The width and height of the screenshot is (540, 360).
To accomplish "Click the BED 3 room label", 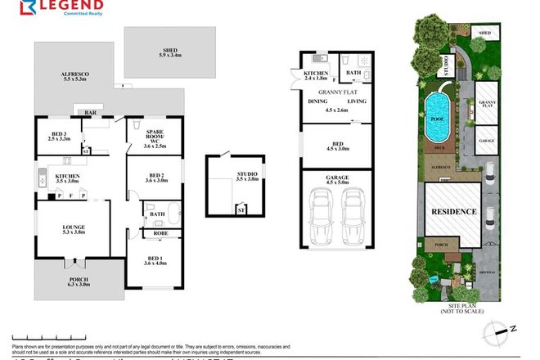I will tap(58, 136).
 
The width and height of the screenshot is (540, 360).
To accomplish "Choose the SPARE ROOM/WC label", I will tap(155, 138).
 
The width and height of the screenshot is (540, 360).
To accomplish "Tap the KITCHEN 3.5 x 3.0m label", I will tap(66, 180).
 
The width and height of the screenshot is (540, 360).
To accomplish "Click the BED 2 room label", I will tap(155, 178).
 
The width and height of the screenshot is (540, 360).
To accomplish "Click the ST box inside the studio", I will tap(241, 209).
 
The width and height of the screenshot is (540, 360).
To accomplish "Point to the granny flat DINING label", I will tap(317, 101).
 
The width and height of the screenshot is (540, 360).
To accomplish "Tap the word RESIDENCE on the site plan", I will tap(453, 211).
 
